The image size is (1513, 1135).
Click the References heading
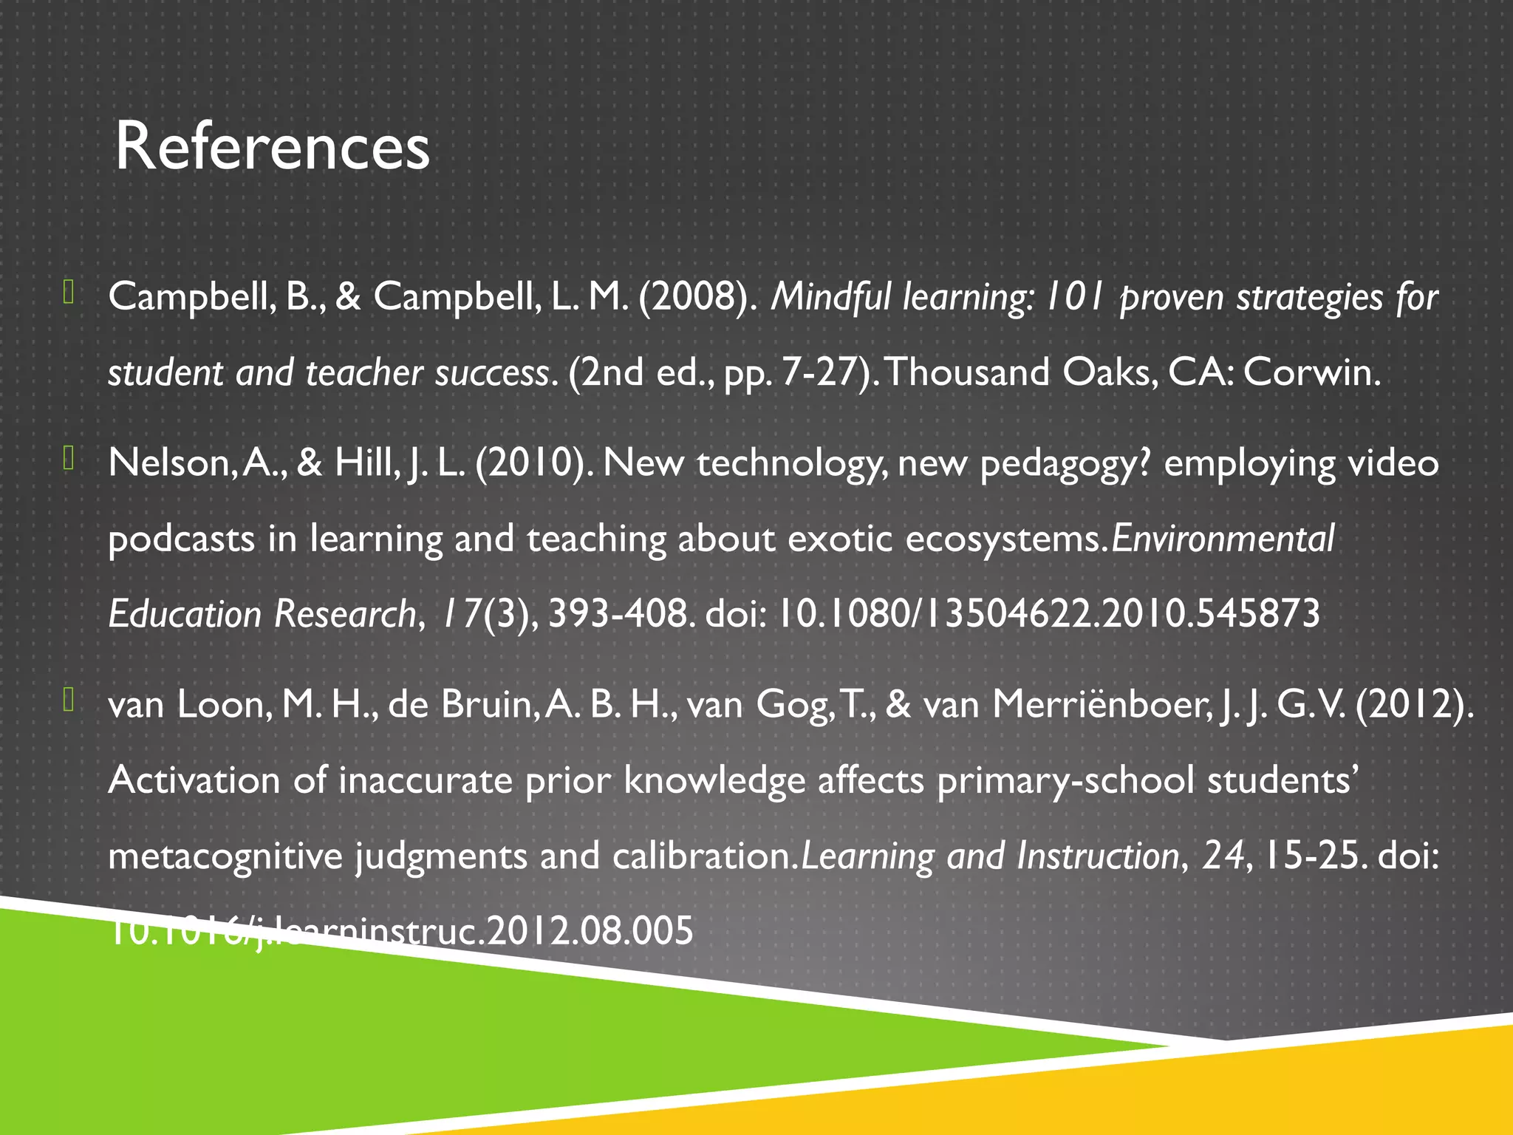pos(272,146)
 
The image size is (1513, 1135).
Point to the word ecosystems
pos(1005,539)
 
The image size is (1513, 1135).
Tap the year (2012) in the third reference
pos(1413,705)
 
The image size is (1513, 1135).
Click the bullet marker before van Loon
pos(69,700)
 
